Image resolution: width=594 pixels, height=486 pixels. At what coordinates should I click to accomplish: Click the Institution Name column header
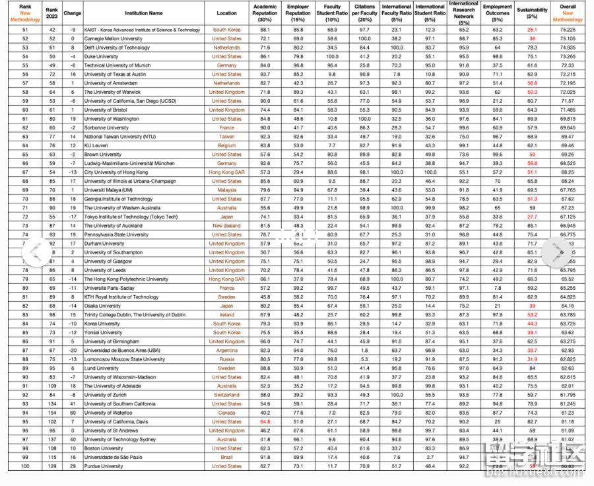147,13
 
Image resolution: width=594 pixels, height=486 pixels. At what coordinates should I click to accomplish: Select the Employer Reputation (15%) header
298,13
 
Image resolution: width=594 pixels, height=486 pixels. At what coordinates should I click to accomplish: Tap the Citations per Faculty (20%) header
364,13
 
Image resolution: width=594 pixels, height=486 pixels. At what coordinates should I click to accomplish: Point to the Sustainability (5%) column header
532,13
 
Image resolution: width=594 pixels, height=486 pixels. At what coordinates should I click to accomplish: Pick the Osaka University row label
102,306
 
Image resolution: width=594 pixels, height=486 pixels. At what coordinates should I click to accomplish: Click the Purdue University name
104,466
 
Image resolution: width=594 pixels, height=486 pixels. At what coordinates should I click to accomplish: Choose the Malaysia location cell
226,190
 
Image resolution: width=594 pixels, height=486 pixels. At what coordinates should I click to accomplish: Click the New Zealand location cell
226,225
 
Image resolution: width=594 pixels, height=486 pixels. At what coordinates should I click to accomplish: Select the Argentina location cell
226,350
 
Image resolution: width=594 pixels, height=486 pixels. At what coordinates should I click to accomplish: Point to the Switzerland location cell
226,395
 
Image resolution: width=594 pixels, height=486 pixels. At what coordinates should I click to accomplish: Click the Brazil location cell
226,457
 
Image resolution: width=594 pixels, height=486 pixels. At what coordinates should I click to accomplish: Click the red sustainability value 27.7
532,217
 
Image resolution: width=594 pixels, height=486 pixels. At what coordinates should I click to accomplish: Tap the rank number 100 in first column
26,466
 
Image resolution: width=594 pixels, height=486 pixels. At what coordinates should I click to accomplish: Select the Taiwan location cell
226,137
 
